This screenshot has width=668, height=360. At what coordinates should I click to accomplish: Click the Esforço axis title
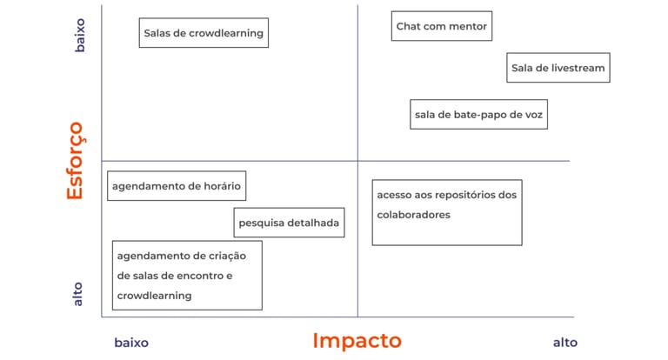point(75,161)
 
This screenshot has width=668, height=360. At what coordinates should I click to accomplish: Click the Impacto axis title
point(357,341)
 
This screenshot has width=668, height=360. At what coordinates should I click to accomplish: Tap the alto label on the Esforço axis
point(78,293)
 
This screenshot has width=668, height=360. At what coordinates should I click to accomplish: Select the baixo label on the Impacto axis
point(131,343)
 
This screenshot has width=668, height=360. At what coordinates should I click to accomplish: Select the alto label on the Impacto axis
point(564,343)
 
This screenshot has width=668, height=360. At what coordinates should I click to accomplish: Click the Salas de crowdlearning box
point(204,33)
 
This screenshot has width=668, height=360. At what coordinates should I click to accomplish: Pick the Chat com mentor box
point(442,26)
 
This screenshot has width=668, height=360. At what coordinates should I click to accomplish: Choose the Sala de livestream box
point(558,68)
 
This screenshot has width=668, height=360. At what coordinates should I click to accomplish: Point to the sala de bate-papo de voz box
point(478,114)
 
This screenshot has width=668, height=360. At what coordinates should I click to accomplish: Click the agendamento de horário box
point(176,186)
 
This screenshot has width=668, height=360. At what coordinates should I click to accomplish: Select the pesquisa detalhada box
point(289,223)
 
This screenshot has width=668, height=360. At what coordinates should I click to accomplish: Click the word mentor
point(470,26)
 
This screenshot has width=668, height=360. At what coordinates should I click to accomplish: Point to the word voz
point(532,114)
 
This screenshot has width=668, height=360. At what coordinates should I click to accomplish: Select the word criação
point(228,256)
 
